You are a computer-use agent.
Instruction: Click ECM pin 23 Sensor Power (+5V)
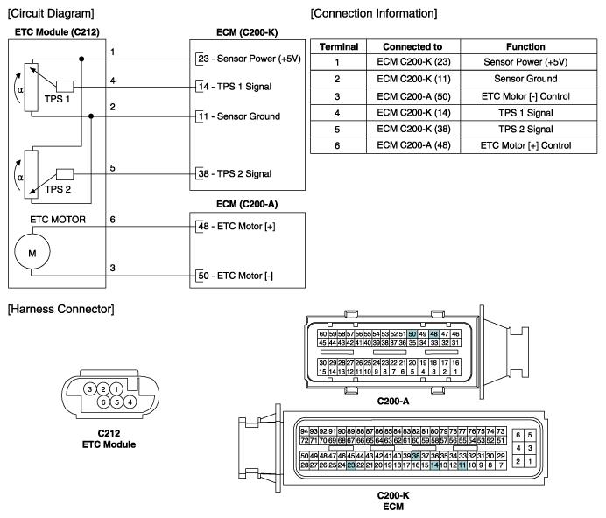pyautogui.click(x=245, y=59)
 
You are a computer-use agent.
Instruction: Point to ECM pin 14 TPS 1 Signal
pyautogui.click(x=239, y=87)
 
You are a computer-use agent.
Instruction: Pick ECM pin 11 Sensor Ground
pyautogui.click(x=238, y=116)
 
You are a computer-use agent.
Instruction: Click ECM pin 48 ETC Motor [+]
pyautogui.click(x=236, y=227)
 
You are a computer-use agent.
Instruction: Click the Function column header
pyautogui.click(x=525, y=46)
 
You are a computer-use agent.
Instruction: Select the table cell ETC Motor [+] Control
pyautogui.click(x=525, y=145)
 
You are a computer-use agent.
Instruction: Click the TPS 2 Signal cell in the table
pyautogui.click(x=525, y=129)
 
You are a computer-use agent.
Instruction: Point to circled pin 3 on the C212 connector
pyautogui.click(x=90, y=388)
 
